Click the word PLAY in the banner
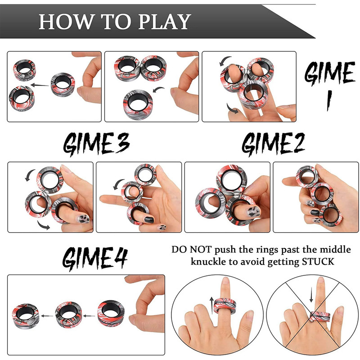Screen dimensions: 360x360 pos(165,21)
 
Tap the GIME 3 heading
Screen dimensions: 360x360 pos(96,144)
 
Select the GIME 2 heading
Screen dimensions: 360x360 pos(273,144)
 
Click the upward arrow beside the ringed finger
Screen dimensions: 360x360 pos(211,306)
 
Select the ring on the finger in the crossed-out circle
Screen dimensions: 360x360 pos(319,316)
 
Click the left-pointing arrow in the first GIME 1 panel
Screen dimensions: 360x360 pos(40,85)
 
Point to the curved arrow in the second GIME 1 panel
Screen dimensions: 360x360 pos(159,89)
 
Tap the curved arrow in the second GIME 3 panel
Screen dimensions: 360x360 pos(118,183)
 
